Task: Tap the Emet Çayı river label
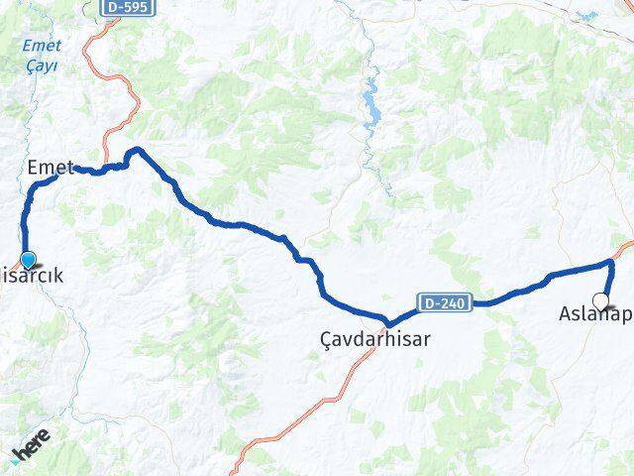(x=43, y=56)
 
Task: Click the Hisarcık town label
(x=34, y=277)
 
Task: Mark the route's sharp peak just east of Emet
(x=137, y=150)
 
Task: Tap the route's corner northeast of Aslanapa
(x=611, y=263)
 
